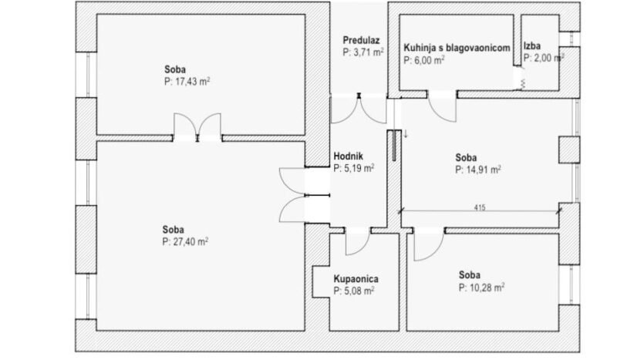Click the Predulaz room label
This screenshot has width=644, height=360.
pyautogui.click(x=361, y=40)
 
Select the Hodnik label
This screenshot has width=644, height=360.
pyautogui.click(x=349, y=156)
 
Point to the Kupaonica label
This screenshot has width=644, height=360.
pyautogui.click(x=356, y=279)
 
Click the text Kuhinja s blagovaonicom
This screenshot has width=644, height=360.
pyautogui.click(x=457, y=48)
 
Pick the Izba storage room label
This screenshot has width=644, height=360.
pyautogui.click(x=532, y=46)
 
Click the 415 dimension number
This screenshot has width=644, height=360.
pyautogui.click(x=480, y=207)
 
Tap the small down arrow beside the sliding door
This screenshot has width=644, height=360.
pyautogui.click(x=406, y=134)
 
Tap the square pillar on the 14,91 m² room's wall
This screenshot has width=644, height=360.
pyautogui.click(x=569, y=150)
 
